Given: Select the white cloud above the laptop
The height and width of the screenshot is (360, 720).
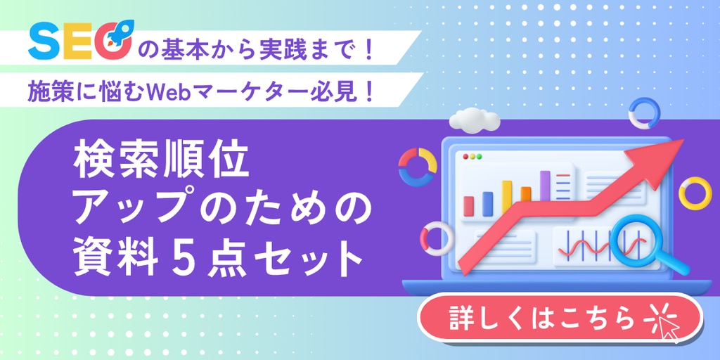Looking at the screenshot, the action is click(475, 118).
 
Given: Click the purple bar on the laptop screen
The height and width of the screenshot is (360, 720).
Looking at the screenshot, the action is click(545, 186).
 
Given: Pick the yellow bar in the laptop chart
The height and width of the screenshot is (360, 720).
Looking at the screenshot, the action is click(507, 198).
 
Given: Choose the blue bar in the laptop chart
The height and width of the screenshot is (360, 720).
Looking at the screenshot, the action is click(488, 204).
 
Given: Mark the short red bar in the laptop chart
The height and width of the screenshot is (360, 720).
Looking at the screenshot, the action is click(469, 206).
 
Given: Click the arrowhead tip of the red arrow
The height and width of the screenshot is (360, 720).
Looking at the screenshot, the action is click(683, 139).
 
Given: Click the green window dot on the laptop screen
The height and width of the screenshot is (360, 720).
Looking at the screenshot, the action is click(480, 157).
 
